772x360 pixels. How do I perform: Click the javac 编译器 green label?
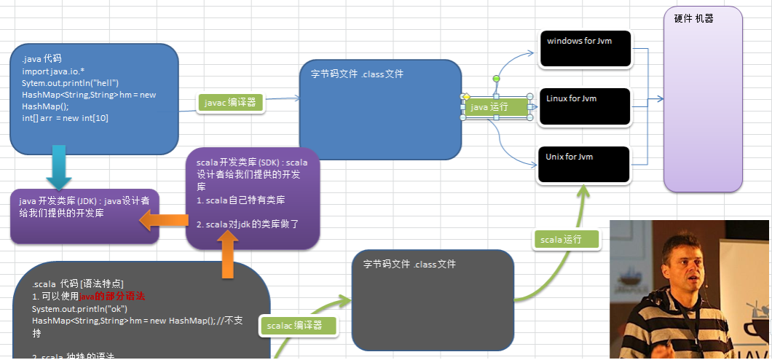click(230, 103)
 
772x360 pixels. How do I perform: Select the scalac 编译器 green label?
click(299, 326)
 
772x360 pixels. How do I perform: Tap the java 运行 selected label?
click(496, 107)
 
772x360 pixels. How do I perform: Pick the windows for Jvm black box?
click(585, 49)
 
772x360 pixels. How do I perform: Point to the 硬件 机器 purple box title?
click(693, 19)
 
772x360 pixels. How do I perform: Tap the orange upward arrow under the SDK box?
click(227, 256)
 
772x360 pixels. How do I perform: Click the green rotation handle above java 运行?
click(496, 78)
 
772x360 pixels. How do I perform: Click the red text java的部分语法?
click(112, 297)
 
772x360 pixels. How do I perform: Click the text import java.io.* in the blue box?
click(53, 71)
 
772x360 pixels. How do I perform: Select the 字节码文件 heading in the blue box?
click(357, 74)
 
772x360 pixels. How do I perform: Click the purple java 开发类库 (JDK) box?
click(84, 216)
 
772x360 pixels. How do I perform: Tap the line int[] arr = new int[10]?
click(65, 118)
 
